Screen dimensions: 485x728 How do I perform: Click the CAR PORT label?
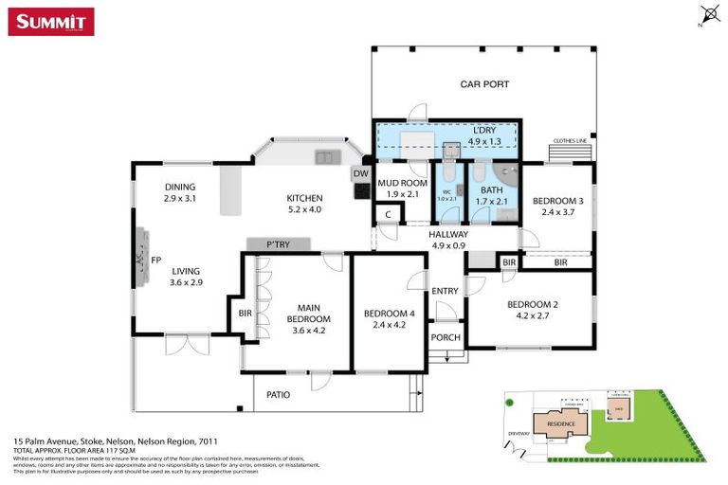point(484,84)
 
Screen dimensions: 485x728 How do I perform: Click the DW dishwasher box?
point(360,173)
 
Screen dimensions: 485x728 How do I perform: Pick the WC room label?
point(446,194)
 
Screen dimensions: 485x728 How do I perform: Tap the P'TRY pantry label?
point(278,244)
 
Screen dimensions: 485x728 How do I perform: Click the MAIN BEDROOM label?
point(309,313)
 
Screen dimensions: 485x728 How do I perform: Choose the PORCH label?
point(445,337)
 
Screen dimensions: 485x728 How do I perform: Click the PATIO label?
point(277,394)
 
